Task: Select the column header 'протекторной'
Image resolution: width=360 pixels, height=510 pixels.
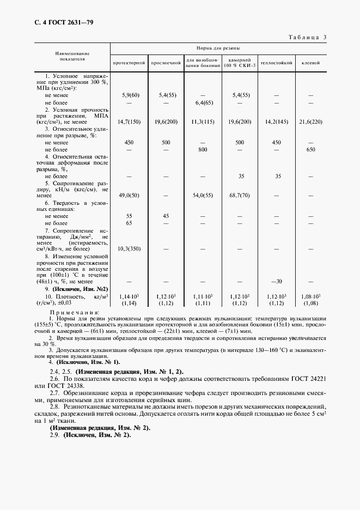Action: (x=129, y=63)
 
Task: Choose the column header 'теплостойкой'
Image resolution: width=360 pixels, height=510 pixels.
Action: (x=277, y=63)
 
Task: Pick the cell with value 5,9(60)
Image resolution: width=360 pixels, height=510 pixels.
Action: (x=129, y=95)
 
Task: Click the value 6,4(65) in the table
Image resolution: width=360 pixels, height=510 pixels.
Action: (x=204, y=102)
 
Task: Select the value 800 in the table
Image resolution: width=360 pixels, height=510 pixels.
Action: (x=204, y=149)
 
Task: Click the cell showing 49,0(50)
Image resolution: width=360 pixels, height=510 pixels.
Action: (x=129, y=195)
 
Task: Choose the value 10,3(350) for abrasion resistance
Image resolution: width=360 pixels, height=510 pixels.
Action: (x=129, y=248)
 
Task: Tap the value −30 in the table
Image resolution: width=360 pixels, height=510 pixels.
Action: (x=277, y=281)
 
